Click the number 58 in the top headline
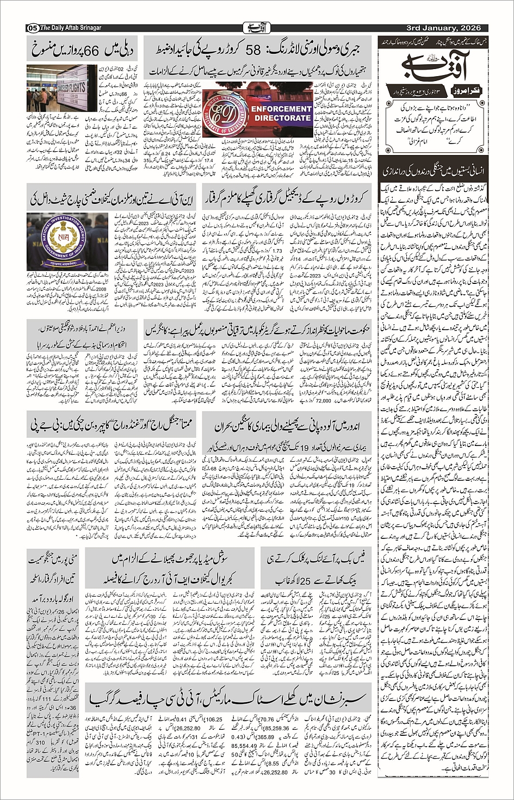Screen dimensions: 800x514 tap(254, 50)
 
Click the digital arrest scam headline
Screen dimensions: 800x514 tap(289, 197)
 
